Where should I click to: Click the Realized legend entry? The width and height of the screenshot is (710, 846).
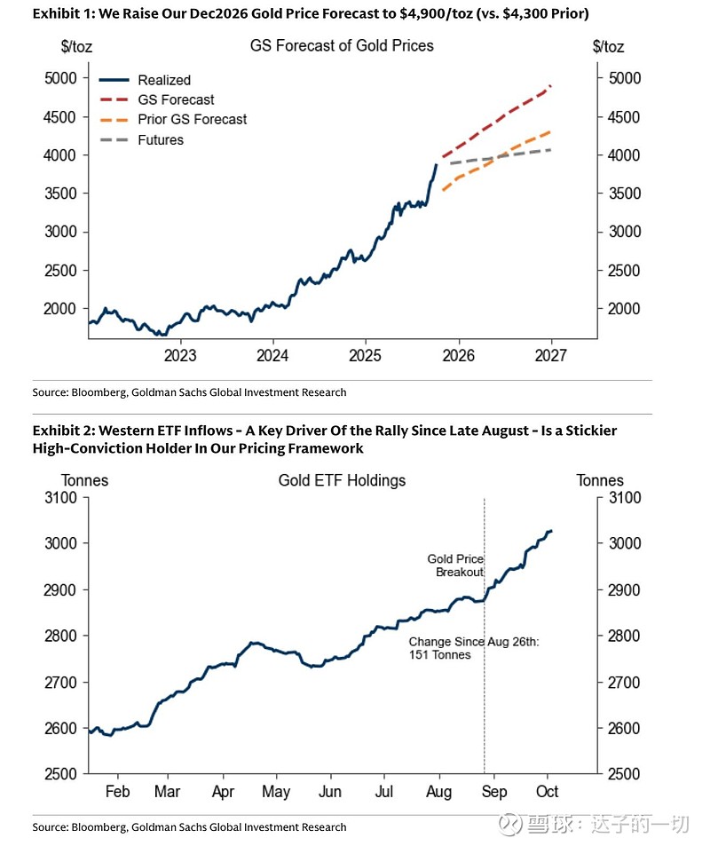[164, 80]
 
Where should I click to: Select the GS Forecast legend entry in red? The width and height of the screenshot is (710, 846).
[176, 99]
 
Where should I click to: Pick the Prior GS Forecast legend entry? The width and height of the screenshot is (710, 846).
[192, 119]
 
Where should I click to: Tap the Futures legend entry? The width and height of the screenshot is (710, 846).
[161, 139]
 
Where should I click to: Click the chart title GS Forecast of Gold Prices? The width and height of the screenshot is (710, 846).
[343, 45]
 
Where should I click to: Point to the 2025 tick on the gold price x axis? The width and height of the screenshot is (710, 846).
[365, 356]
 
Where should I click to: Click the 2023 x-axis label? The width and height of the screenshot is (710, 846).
[180, 356]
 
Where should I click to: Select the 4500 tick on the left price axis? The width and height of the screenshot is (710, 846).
[60, 116]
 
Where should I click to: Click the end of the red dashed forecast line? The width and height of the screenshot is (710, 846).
[551, 86]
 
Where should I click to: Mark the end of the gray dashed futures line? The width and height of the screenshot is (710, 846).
[551, 149]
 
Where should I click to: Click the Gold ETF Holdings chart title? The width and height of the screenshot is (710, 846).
[342, 480]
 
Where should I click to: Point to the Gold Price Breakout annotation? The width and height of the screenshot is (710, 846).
[455, 565]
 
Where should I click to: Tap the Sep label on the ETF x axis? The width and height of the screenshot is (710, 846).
[495, 791]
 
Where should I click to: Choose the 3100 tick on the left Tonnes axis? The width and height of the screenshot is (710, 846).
[60, 498]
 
